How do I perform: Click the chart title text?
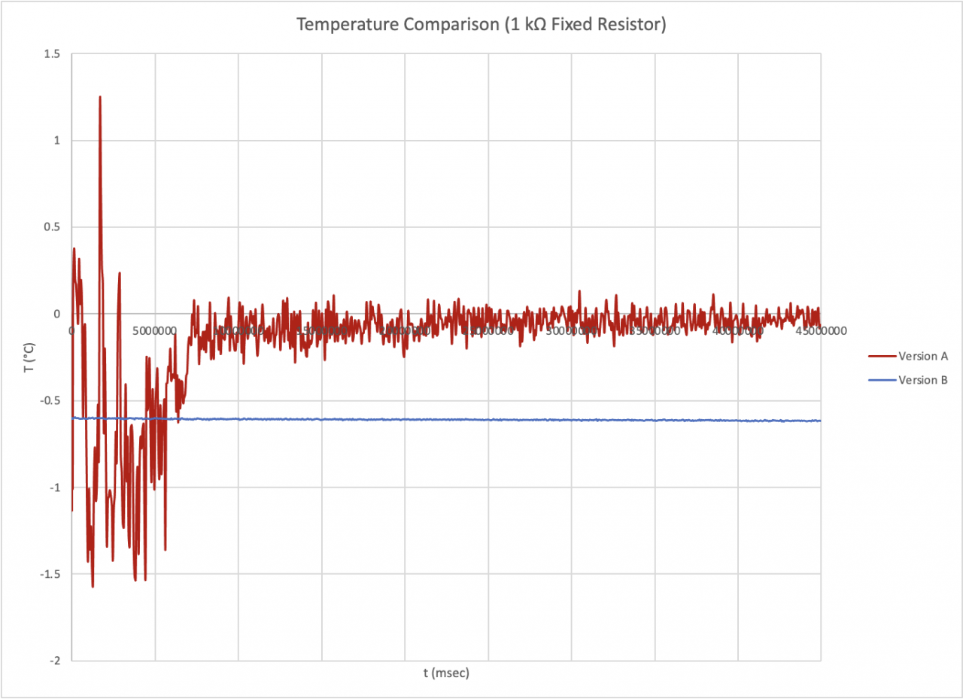point(481,25)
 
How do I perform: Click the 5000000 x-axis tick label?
point(155,330)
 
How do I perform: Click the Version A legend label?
point(923,357)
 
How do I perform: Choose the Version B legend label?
point(923,380)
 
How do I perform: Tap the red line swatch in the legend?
point(882,357)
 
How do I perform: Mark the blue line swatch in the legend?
point(882,380)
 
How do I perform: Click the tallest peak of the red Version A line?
point(99,96)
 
